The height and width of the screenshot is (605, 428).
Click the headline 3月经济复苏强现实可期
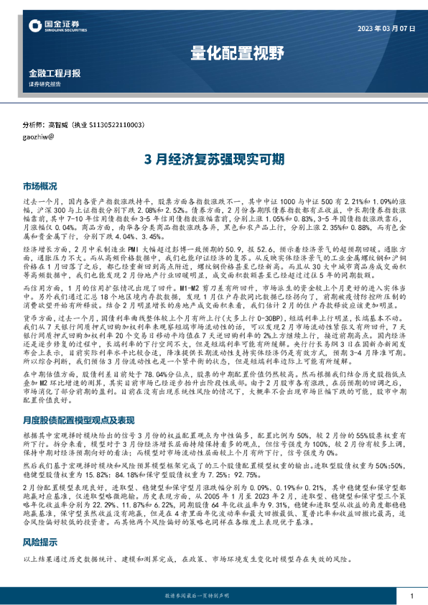[213, 158]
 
